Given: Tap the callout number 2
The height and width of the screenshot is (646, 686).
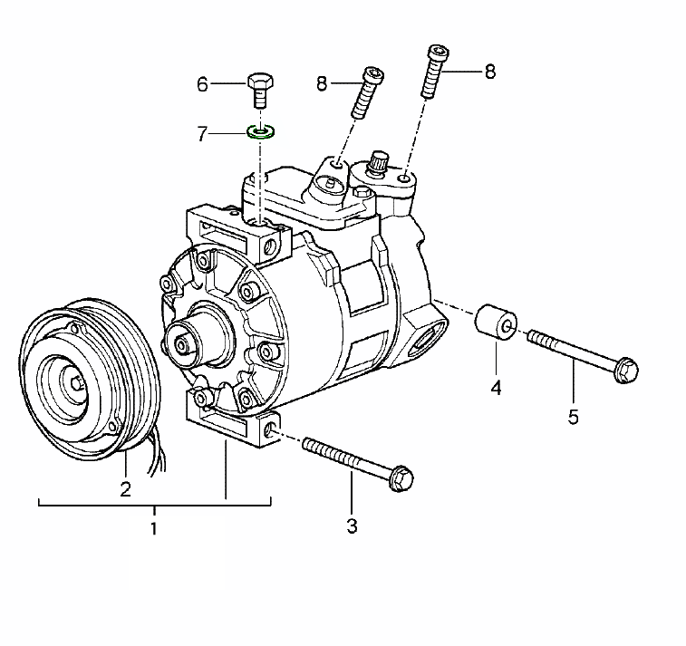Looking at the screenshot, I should tap(126, 489).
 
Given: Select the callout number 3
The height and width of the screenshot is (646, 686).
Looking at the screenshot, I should tap(352, 525).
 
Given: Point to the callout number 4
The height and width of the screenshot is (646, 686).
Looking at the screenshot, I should tap(497, 389).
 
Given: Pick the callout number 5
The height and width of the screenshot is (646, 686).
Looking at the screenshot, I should tap(573, 417).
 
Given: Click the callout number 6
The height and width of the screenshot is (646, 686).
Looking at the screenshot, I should tap(203, 85).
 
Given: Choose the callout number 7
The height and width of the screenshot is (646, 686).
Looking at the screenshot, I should tap(203, 134).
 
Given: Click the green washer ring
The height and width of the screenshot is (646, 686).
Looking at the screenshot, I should tap(262, 133).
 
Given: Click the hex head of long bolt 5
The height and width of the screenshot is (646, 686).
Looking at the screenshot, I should tap(624, 371).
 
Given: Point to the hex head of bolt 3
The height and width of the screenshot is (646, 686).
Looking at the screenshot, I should tap(400, 478).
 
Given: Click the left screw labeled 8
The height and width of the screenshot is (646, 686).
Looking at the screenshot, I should tap(367, 92).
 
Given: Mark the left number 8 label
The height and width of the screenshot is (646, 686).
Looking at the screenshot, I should tap(322, 84).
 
